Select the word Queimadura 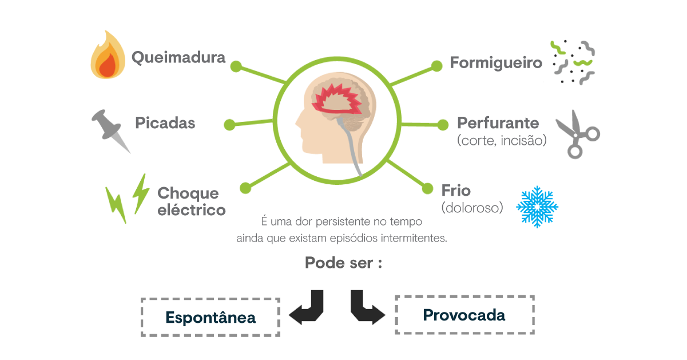[x=178, y=57]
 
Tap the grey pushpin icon [x=110, y=130]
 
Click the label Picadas [x=165, y=122]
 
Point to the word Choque [x=188, y=194]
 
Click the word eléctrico [x=192, y=210]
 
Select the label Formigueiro [x=496, y=63]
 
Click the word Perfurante [x=498, y=122]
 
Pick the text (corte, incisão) [x=502, y=141]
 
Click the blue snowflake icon [x=537, y=207]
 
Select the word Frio [x=456, y=191]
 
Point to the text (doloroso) [x=472, y=208]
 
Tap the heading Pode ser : [x=343, y=263]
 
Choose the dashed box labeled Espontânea [x=142, y=317]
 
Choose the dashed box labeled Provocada [x=396, y=315]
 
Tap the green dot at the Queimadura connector [x=236, y=66]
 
